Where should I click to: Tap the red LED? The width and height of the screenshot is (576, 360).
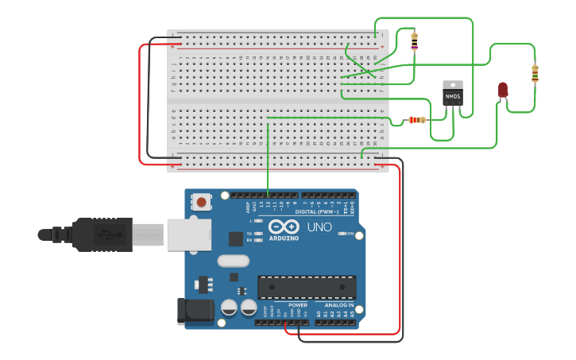pyautogui.click(x=503, y=90)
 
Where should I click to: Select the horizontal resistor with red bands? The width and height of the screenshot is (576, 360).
pyautogui.click(x=416, y=120)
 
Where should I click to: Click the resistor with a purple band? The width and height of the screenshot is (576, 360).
pyautogui.click(x=414, y=41)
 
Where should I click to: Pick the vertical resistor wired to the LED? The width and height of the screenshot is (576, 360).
pyautogui.click(x=535, y=73)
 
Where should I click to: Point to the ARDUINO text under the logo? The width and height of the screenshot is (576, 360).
pyautogui.click(x=284, y=238)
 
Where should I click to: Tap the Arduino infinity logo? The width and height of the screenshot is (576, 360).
pyautogui.click(x=284, y=226)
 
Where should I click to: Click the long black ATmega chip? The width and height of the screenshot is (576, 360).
pyautogui.click(x=307, y=288)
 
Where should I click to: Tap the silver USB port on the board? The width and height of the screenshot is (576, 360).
pyautogui.click(x=189, y=235)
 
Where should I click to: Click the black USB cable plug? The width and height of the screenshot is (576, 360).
pyautogui.click(x=95, y=234)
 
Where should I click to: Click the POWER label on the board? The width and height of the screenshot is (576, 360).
pyautogui.click(x=298, y=304)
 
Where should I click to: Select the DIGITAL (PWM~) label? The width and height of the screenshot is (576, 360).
pyautogui.click(x=316, y=212)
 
